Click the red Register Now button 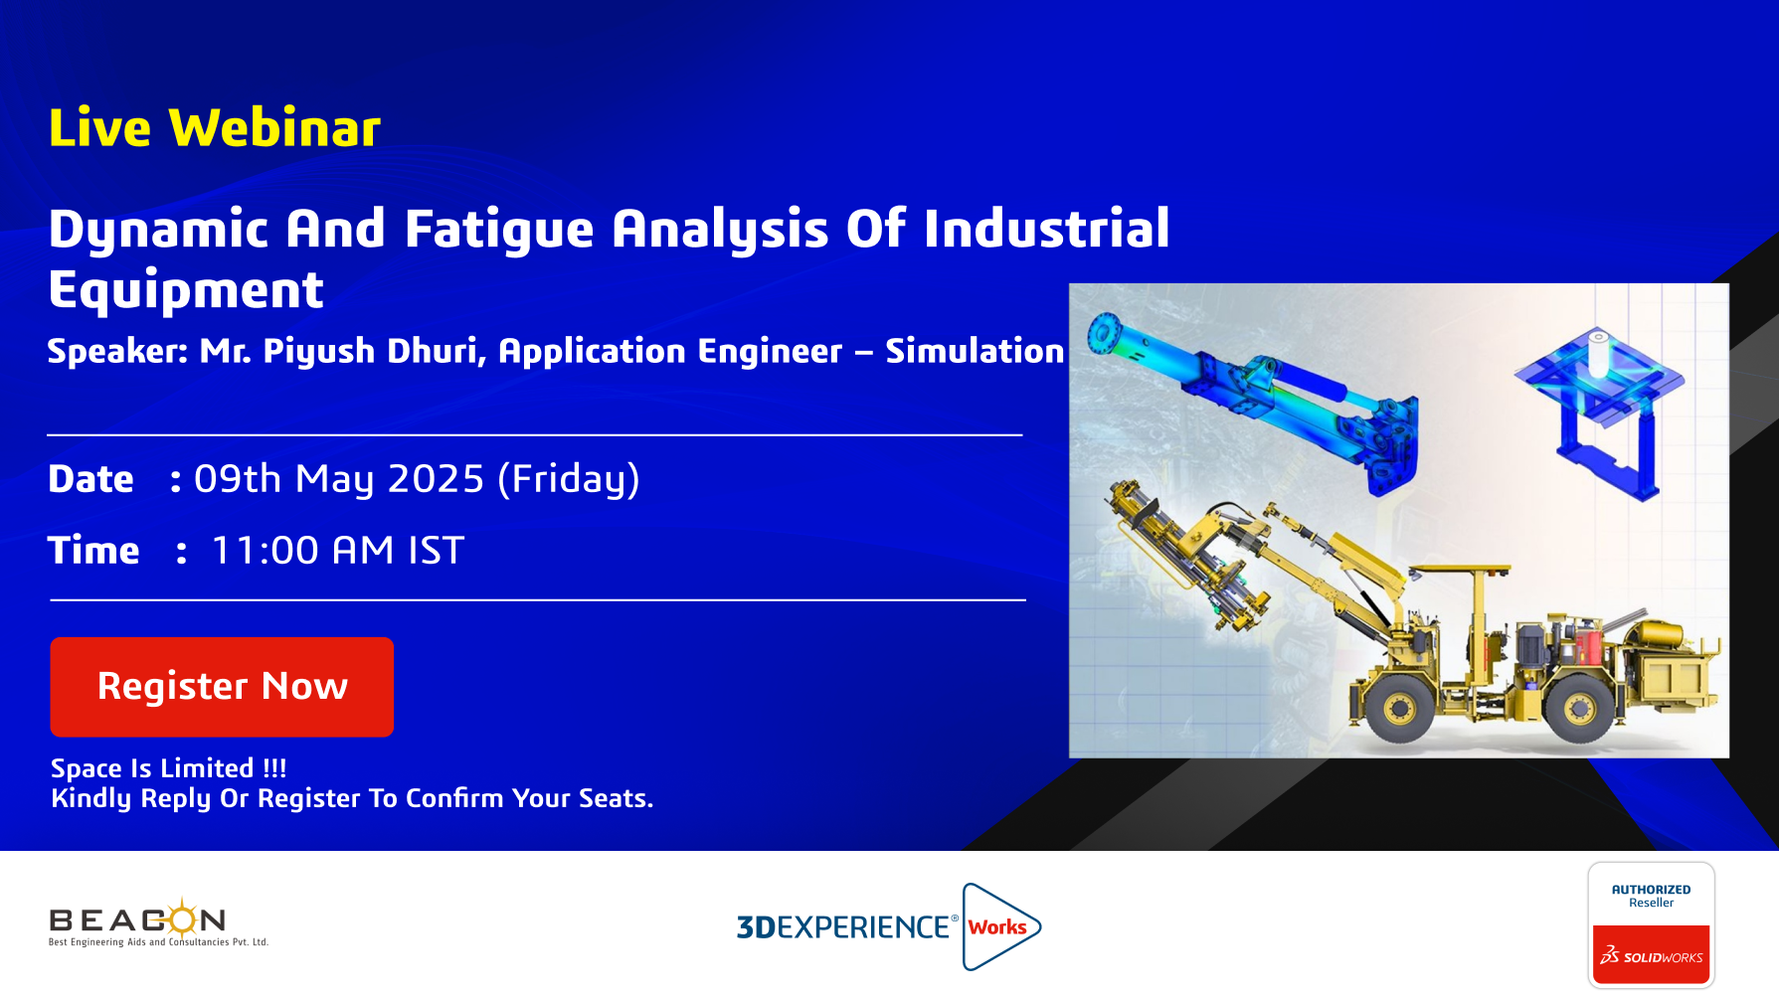222,687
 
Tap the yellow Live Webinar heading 215,128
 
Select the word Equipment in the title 186,290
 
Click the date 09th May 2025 339,479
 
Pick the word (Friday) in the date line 569,479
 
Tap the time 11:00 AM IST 338,551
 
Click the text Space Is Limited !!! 169,768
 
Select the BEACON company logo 158,922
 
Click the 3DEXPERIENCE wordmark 843,926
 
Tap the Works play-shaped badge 1000,926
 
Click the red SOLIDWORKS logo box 1651,955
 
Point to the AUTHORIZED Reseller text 1651,896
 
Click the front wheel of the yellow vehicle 1400,708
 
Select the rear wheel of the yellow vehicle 1579,708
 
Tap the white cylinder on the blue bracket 1598,354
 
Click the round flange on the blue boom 1104,332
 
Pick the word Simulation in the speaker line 975,351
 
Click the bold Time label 93,551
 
